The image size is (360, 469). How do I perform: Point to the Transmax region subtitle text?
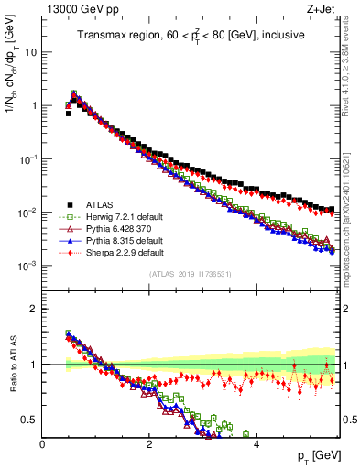tap(191, 36)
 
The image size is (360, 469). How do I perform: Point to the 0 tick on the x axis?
tap(42, 443)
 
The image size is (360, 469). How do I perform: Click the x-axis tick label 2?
tap(149, 443)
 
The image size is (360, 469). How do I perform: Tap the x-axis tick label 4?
tap(256, 443)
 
